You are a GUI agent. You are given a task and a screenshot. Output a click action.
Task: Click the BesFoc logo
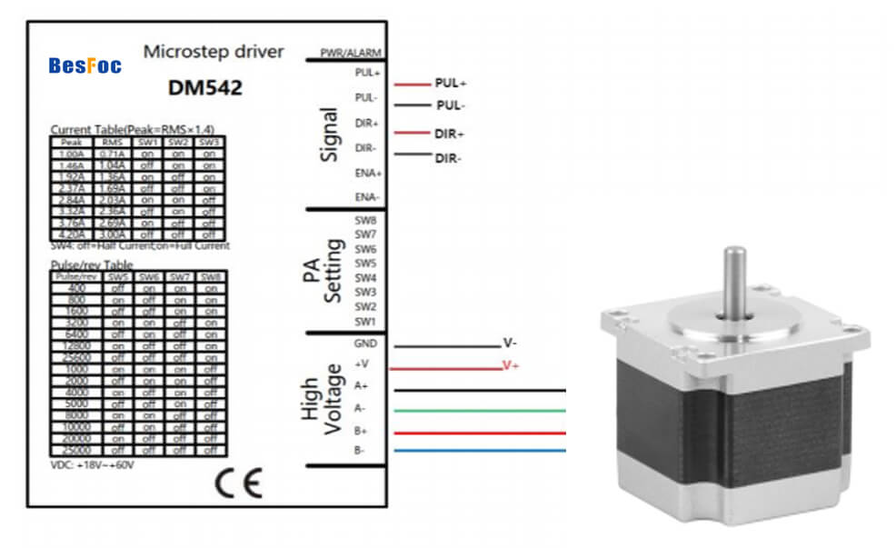[85, 65]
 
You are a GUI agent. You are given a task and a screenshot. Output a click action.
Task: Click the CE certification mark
[239, 483]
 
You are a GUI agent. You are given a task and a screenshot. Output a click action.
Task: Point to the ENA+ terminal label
[367, 173]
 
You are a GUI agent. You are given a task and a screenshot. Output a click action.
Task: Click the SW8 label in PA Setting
[364, 220]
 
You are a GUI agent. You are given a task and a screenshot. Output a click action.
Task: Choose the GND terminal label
[364, 344]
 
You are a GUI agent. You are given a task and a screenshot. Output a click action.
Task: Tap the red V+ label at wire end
[511, 365]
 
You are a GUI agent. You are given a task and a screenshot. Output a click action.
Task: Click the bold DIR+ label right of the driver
[449, 135]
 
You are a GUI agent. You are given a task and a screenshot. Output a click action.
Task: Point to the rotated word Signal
[330, 135]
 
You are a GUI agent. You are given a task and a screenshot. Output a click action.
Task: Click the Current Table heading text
[132, 129]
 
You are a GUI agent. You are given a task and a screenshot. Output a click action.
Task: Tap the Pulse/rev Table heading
[92, 264]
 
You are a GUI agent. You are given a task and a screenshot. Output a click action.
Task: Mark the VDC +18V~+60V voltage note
[92, 464]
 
